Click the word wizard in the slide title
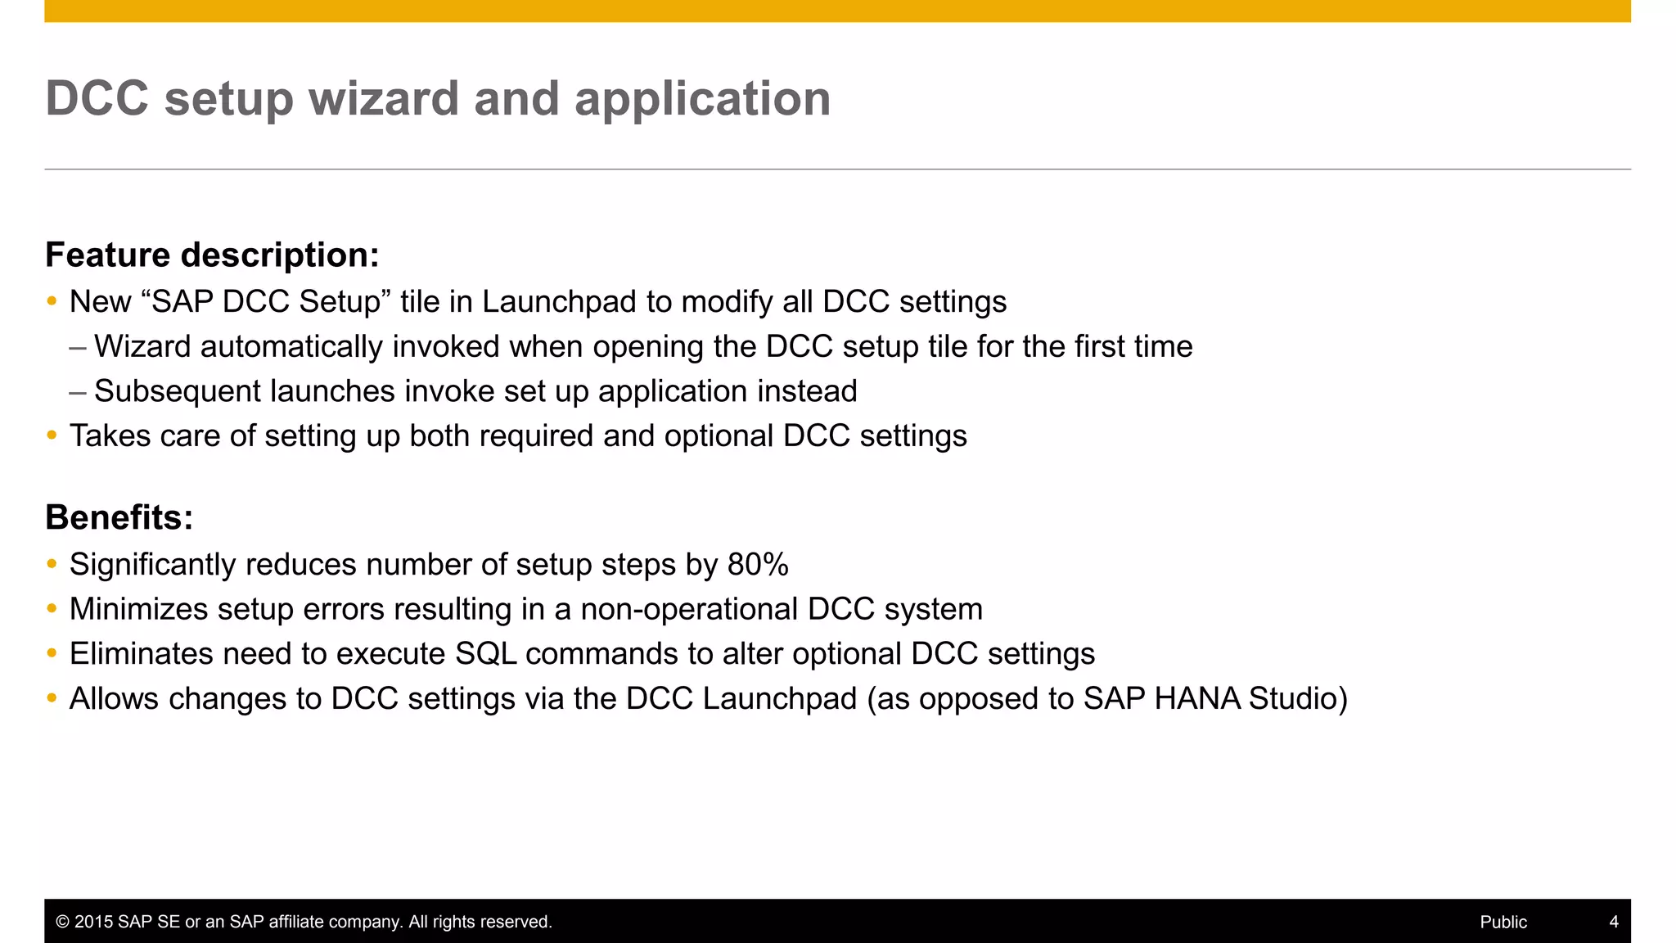384,99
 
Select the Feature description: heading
212,255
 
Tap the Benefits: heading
119,517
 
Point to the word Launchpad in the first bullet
559,302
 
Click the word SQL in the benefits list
485,654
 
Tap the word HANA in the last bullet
1197,699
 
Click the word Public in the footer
1503,922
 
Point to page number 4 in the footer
1614,922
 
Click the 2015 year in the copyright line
93,922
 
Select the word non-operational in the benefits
689,610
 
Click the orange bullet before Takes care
52,435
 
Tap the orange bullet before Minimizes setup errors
52,609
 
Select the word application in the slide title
702,99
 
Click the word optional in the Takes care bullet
719,436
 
